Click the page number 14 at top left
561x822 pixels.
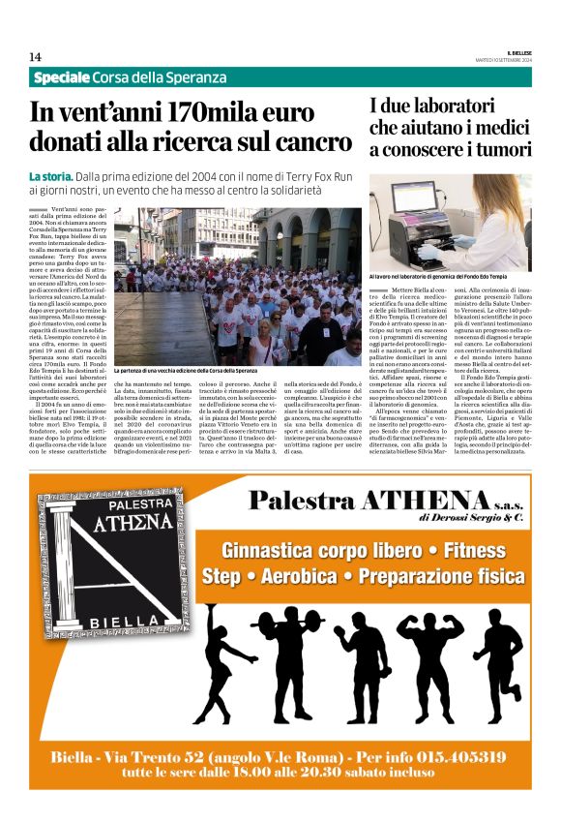pos(35,56)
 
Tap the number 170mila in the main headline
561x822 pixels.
pos(201,113)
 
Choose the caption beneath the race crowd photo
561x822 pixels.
pos(186,371)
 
